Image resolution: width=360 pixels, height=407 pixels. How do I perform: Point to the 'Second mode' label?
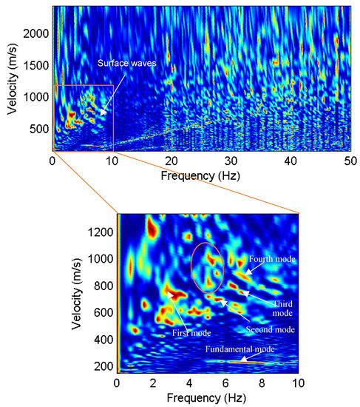(271, 329)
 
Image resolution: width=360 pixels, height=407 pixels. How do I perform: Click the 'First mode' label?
(190, 332)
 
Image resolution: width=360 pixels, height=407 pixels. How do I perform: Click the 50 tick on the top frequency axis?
(350, 161)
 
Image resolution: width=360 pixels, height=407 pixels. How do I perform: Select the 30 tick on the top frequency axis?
(231, 161)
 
